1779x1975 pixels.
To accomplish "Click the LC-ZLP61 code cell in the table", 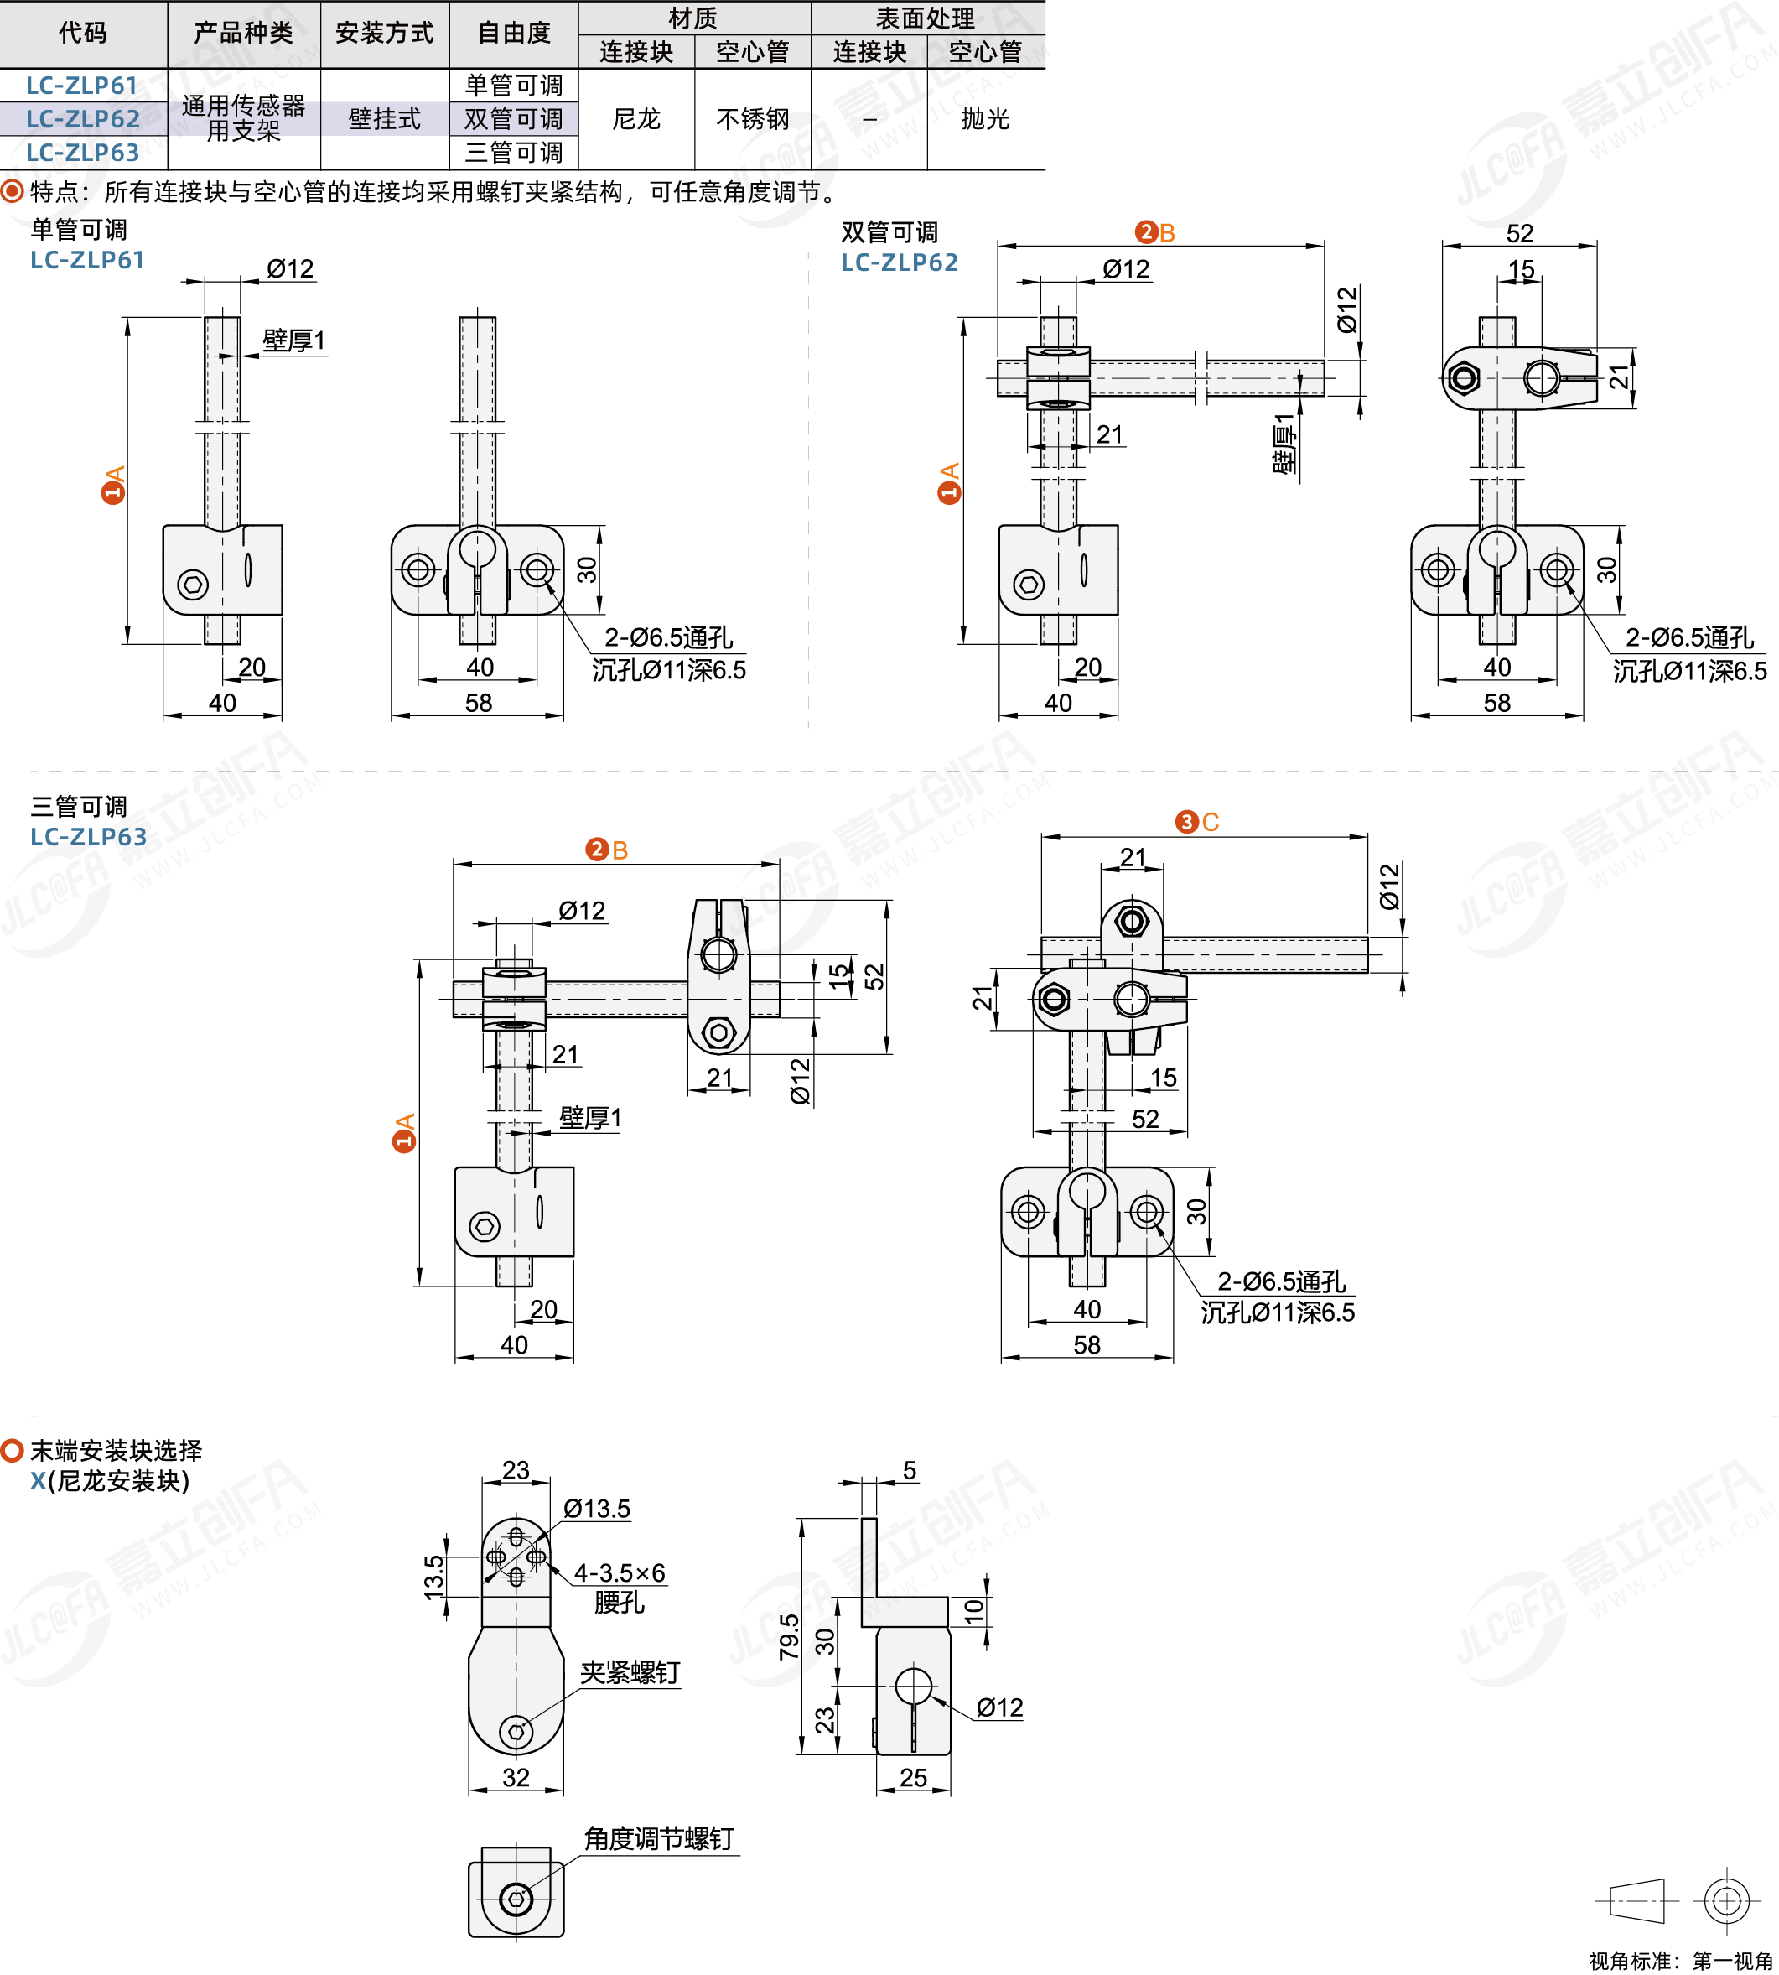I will [82, 86].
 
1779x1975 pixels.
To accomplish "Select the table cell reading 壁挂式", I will [384, 119].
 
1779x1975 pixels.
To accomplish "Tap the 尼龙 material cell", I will [636, 119].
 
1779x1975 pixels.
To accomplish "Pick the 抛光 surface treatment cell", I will [984, 119].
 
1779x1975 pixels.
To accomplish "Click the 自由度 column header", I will [514, 34].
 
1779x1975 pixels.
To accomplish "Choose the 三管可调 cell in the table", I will [514, 153].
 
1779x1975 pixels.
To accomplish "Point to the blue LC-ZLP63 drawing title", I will [88, 837].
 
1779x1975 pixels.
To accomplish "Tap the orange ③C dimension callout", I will [1197, 822].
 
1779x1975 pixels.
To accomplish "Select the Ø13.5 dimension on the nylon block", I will [596, 1509].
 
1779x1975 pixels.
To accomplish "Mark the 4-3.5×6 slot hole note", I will [620, 1573].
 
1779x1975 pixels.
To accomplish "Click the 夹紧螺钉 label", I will [630, 1673].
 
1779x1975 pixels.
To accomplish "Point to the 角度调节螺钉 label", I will [659, 1839].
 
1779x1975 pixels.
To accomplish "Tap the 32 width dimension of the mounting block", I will [516, 1778].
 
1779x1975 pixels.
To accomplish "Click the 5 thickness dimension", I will [909, 1470].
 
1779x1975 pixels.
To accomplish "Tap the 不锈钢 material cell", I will [753, 119].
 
